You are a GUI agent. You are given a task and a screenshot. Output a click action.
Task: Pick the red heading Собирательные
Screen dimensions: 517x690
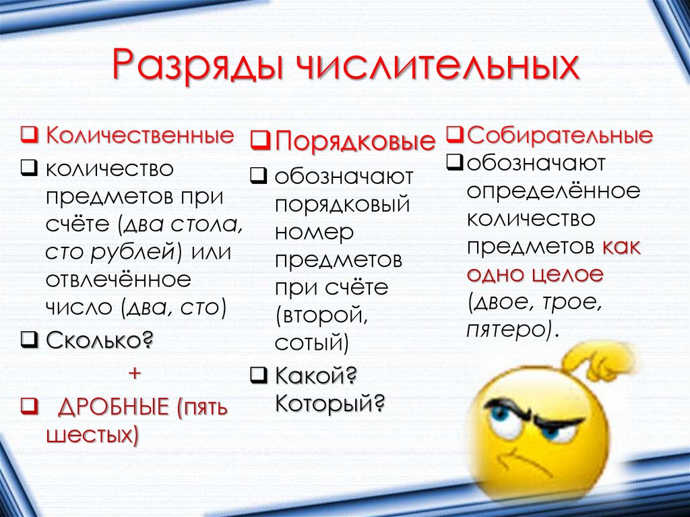pyautogui.click(x=559, y=135)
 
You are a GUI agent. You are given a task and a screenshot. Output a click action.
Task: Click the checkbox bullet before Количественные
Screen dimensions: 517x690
pyautogui.click(x=28, y=135)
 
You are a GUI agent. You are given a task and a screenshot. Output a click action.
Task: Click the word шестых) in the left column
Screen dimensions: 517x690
pyautogui.click(x=92, y=435)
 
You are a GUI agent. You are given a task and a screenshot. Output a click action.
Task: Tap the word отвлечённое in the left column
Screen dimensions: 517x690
pyautogui.click(x=118, y=279)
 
